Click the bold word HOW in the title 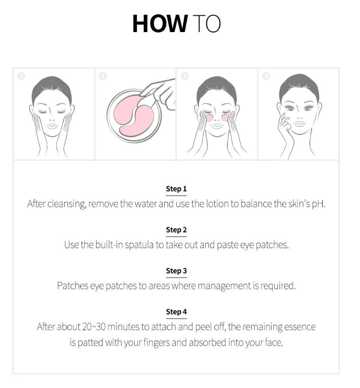pyautogui.click(x=159, y=24)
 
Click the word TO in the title pyautogui.click(x=206, y=24)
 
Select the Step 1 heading pyautogui.click(x=176, y=189)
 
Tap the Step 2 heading pyautogui.click(x=176, y=230)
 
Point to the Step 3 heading pyautogui.click(x=176, y=271)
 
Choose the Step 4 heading pyautogui.click(x=176, y=312)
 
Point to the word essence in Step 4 pyautogui.click(x=298, y=327)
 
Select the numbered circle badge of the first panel pyautogui.click(x=21, y=76)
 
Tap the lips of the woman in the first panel pyautogui.click(x=51, y=127)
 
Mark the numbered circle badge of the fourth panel pyautogui.click(x=266, y=76)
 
